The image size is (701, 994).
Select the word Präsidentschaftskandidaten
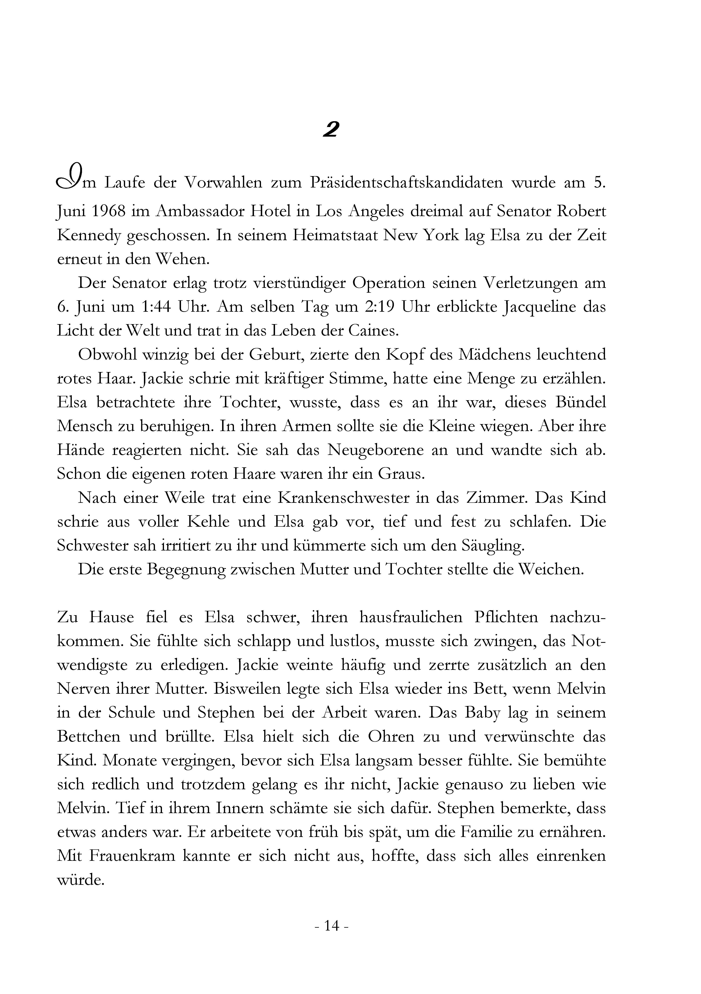pyautogui.click(x=406, y=183)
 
